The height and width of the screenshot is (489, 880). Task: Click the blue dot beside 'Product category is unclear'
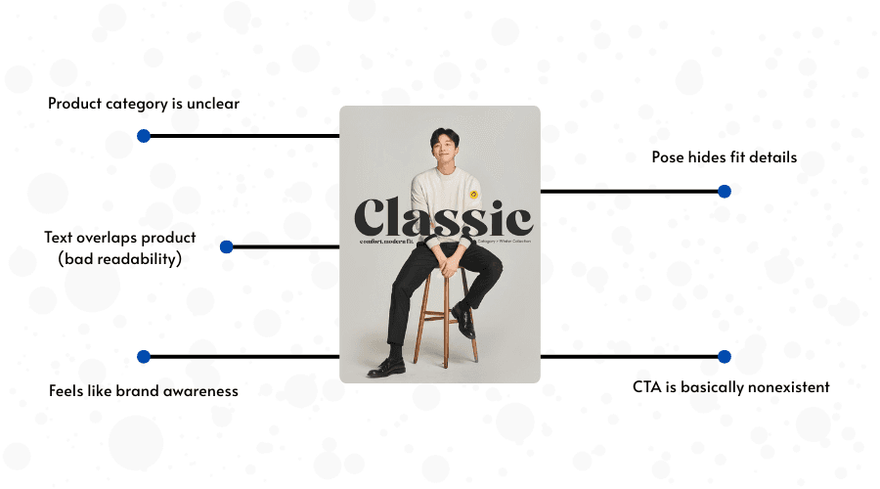[144, 136]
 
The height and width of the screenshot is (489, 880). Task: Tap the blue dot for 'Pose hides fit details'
[725, 192]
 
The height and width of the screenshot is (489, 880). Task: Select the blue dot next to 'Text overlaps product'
[227, 247]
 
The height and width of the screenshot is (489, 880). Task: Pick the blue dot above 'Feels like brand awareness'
[144, 357]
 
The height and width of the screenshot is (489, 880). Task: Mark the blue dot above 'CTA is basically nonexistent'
[725, 357]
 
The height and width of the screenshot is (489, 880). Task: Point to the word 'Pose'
[669, 156]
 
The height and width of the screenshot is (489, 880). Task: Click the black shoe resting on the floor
[387, 367]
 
